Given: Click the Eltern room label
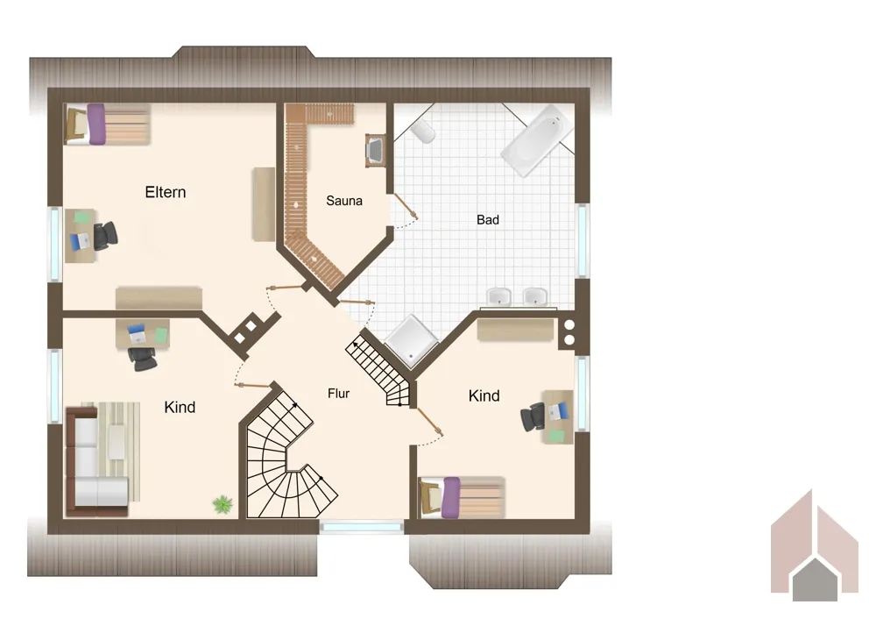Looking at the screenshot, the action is click(x=166, y=192).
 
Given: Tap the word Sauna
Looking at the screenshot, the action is click(x=344, y=201).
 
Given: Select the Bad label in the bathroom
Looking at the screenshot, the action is click(x=488, y=220).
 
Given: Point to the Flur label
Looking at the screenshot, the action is click(x=338, y=394).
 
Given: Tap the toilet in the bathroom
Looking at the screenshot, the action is click(x=423, y=131).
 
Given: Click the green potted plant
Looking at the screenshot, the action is click(x=223, y=504).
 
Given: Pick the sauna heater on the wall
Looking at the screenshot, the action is click(x=376, y=150).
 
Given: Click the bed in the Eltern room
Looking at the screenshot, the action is click(x=107, y=125).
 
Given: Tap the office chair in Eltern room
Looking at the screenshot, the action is click(x=105, y=235).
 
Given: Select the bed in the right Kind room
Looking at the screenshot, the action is click(x=462, y=497).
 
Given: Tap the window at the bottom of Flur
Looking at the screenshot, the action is click(x=362, y=526).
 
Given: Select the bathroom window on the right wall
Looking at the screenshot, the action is click(x=583, y=240).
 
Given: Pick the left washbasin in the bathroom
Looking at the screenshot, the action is click(x=499, y=297).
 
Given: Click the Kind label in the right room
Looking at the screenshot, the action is click(x=484, y=396).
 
